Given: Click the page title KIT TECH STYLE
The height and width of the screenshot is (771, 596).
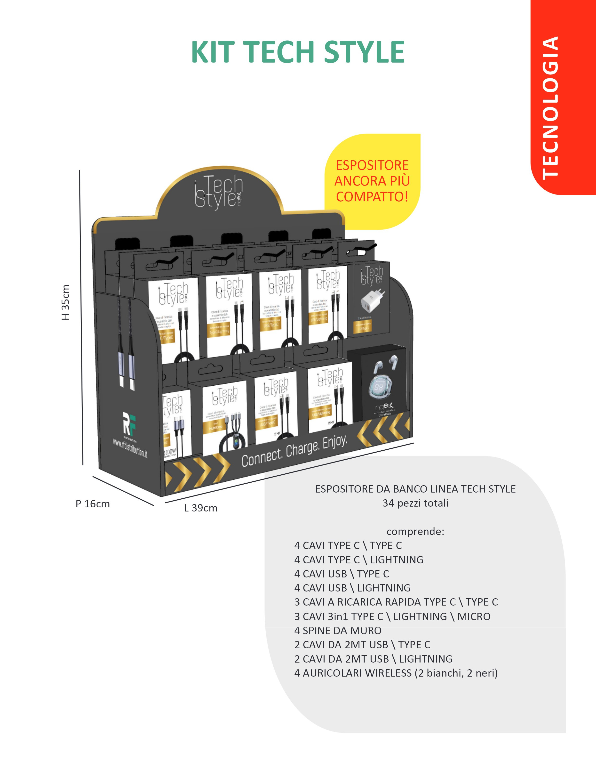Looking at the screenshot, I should (x=297, y=52).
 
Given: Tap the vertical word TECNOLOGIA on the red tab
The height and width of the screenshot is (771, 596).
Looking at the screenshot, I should (x=550, y=108).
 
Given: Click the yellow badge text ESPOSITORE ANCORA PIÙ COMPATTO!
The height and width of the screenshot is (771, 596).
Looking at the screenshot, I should (x=372, y=181).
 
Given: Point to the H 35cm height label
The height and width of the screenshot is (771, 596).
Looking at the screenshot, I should (x=66, y=302).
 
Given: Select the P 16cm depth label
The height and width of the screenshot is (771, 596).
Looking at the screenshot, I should (x=92, y=504).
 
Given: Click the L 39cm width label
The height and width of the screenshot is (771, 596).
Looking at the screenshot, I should (x=200, y=508).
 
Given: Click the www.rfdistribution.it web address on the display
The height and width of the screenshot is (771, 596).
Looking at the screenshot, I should (x=130, y=448).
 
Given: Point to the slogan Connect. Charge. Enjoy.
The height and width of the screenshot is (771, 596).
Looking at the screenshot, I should (x=295, y=452).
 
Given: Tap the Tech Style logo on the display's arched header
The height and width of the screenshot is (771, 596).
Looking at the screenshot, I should (x=219, y=192).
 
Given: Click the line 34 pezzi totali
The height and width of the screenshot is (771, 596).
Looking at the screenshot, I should (x=415, y=503).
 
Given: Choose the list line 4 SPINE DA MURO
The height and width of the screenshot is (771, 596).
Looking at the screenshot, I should (x=338, y=631).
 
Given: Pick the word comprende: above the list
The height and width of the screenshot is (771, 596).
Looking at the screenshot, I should (x=415, y=531).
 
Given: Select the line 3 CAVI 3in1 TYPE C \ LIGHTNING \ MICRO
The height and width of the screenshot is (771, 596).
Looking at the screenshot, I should (x=392, y=616).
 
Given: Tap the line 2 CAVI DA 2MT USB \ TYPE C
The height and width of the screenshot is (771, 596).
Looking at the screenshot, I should (x=362, y=645).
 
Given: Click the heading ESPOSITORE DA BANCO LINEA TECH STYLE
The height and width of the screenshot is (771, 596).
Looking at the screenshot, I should (x=415, y=489).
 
